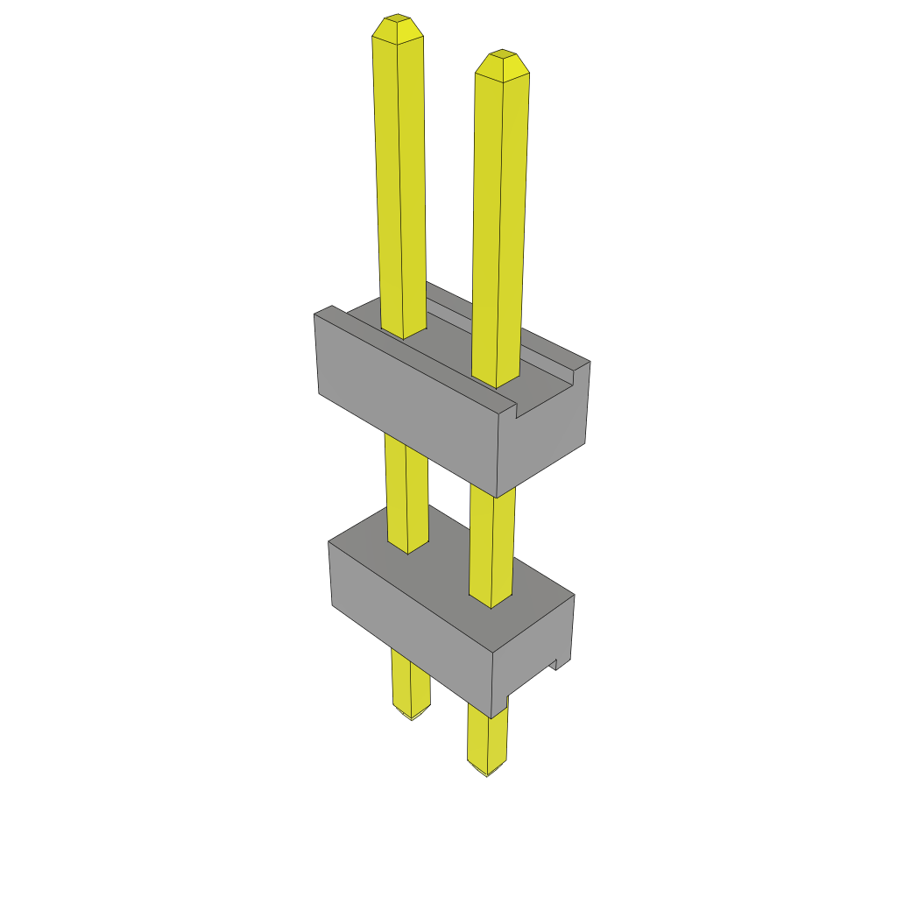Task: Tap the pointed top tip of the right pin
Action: coord(502,53)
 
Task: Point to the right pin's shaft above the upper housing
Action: coord(501,219)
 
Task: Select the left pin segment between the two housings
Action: coord(407,491)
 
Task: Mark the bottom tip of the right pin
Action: coord(487,773)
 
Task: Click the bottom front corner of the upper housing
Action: coord(497,496)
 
